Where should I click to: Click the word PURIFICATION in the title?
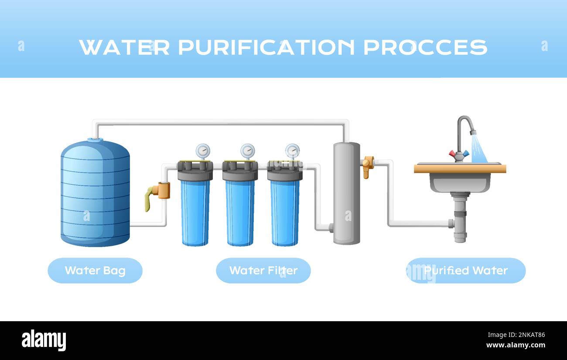click(266, 47)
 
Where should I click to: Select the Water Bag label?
click(95, 271)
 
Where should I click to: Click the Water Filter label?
click(263, 271)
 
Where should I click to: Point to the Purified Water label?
click(466, 271)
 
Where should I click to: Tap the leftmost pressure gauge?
click(202, 151)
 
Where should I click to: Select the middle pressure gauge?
click(247, 151)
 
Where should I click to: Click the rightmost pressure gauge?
click(292, 151)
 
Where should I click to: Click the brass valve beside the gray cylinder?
click(368, 166)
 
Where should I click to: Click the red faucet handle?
click(453, 153)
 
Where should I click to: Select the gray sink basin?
click(460, 182)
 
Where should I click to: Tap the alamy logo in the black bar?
click(44, 340)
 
